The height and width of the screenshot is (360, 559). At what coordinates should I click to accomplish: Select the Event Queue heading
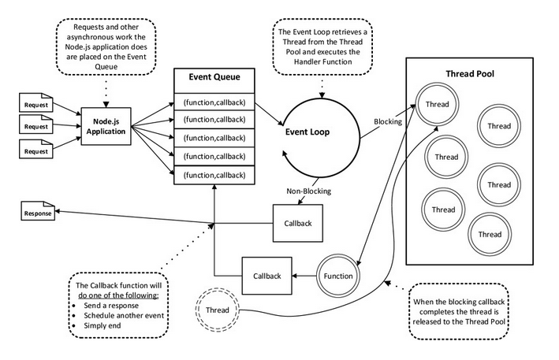click(x=214, y=77)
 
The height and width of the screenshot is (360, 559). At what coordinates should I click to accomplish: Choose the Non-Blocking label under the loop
click(x=308, y=191)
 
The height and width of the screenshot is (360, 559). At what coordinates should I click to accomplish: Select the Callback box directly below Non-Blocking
click(x=298, y=223)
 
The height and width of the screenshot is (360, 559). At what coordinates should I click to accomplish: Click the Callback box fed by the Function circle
click(x=266, y=276)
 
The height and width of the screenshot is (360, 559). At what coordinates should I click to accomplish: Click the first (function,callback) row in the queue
click(x=214, y=102)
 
